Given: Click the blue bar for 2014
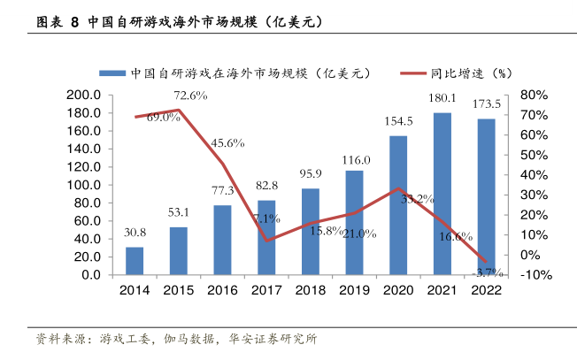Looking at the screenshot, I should tap(135, 261).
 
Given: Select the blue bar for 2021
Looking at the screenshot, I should tap(442, 194).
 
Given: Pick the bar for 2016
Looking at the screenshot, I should tap(222, 240).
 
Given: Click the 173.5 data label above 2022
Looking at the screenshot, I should tap(486, 104).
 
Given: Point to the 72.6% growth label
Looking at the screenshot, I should tap(190, 96).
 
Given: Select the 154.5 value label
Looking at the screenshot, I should tap(398, 122).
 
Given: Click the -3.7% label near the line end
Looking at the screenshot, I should tap(486, 271).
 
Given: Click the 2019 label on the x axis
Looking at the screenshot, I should tap(354, 290).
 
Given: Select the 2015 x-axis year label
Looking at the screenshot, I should tap(178, 290).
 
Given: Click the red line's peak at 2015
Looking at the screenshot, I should tap(179, 110).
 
